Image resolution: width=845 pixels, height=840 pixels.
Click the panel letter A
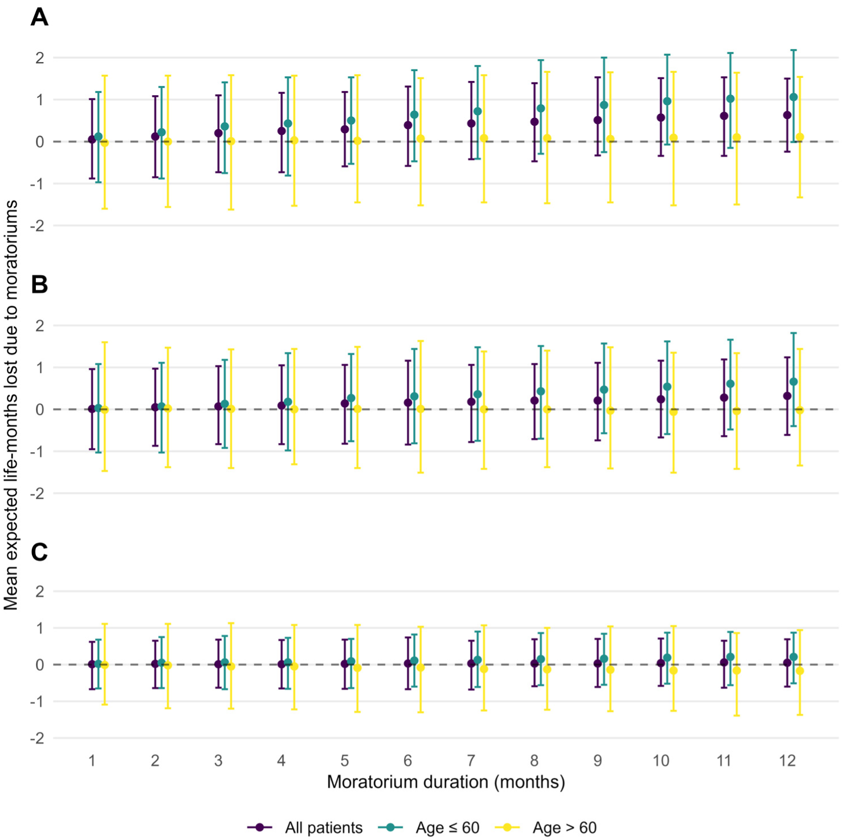coord(39,17)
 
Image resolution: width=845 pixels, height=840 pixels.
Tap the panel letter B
coord(39,284)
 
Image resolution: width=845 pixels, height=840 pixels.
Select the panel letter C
coord(39,552)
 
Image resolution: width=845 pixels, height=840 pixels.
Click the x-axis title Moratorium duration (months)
coord(446,782)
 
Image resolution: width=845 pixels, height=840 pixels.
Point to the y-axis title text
coord(11,405)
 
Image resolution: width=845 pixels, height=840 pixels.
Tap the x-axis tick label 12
coord(787,761)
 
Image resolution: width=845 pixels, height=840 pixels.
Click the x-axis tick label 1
coord(92,761)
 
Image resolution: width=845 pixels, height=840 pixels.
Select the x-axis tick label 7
coord(471,761)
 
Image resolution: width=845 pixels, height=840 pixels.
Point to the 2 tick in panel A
coord(39,58)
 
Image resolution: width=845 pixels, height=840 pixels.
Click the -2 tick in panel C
coord(37,738)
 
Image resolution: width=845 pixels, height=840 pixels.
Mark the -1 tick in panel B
coord(37,452)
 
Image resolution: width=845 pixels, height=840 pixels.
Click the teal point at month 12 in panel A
coord(794,97)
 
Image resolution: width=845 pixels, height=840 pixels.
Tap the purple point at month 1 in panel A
coord(92,140)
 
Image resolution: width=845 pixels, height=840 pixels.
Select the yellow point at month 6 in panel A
coord(421,138)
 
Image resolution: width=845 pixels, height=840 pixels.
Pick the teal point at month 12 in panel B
coord(794,382)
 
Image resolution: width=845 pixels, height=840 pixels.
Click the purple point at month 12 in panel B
coord(787,396)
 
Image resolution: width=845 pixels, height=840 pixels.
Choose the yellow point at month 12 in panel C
coord(800,671)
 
